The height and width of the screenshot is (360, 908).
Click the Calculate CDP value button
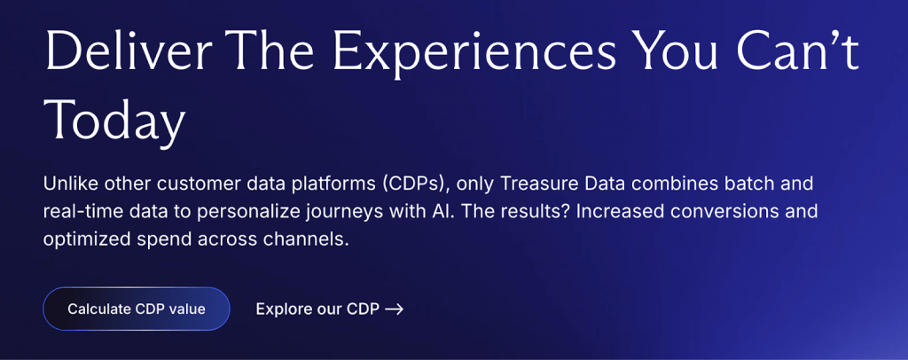[137, 309]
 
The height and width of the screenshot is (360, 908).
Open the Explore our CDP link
[317, 309]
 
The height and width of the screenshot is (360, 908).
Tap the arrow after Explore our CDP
[395, 309]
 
